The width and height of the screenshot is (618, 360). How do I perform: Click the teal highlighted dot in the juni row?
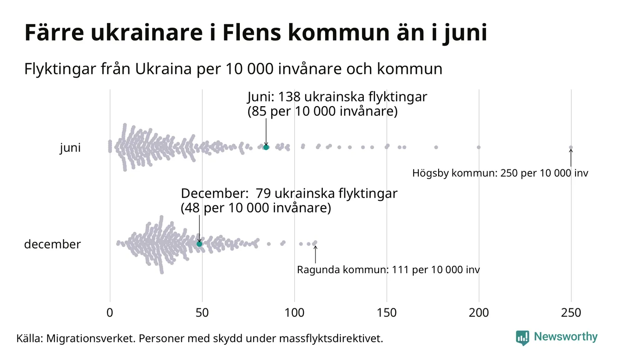(266, 147)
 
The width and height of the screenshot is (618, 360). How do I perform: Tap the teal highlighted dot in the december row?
(199, 244)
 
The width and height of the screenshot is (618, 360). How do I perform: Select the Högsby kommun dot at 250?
(571, 148)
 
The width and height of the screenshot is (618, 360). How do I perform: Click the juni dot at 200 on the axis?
(479, 147)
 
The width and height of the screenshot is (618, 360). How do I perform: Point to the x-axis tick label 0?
(110, 313)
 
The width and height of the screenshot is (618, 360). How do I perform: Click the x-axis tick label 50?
(202, 313)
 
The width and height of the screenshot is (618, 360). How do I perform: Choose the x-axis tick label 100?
(294, 313)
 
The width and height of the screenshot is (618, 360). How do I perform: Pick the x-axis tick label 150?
(386, 313)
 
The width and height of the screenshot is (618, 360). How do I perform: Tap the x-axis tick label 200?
(479, 313)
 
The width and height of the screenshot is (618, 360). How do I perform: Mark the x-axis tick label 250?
(571, 313)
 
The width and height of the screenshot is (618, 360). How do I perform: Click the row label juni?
(70, 148)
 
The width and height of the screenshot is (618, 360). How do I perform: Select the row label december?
(52, 244)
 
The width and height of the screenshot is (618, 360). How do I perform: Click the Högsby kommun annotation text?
(500, 174)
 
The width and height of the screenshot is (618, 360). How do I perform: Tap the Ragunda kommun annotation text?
(388, 270)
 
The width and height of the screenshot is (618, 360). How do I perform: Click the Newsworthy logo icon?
(523, 337)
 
